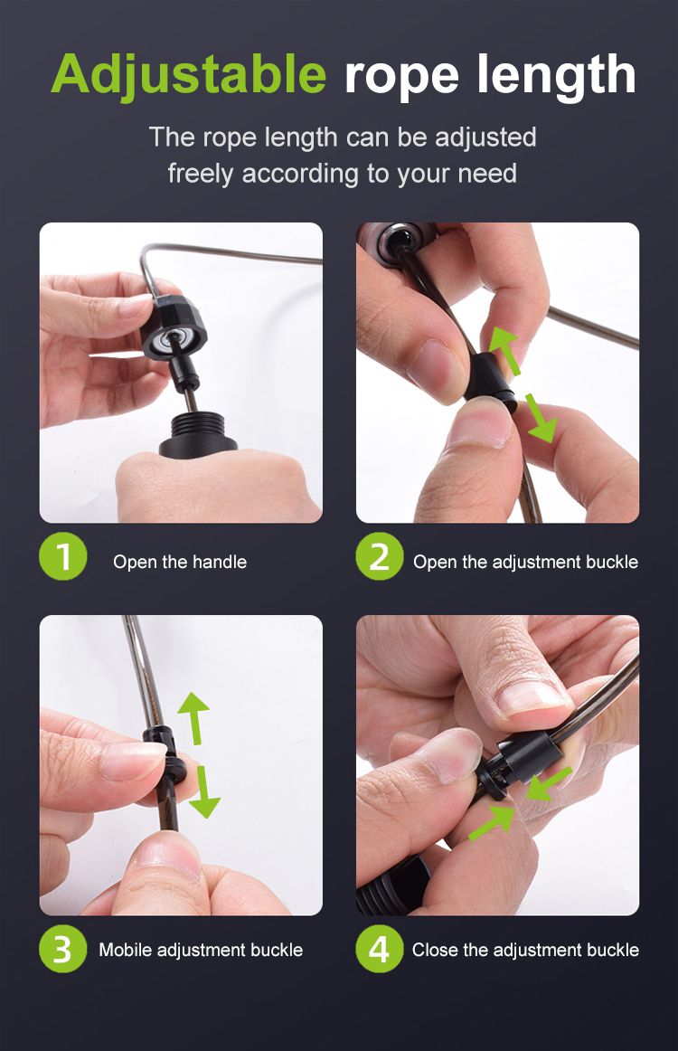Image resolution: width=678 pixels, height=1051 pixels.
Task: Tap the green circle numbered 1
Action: (63, 556)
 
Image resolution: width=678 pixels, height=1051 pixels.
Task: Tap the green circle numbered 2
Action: (379, 556)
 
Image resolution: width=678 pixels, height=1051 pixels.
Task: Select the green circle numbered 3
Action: (63, 949)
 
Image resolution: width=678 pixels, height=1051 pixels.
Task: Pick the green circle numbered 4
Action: (379, 949)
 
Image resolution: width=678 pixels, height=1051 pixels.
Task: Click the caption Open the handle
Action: (180, 562)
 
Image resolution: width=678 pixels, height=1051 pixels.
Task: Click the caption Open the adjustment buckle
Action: (525, 562)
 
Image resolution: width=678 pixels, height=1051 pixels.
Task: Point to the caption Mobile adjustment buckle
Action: (201, 950)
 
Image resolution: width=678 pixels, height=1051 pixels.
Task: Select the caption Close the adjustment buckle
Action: (525, 950)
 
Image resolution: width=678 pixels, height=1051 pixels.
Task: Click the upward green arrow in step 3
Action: (194, 718)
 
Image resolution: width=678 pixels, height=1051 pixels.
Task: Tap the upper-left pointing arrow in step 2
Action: (506, 350)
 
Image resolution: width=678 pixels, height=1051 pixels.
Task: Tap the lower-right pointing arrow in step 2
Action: (541, 418)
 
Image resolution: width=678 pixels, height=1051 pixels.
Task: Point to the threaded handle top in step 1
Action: (198, 435)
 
